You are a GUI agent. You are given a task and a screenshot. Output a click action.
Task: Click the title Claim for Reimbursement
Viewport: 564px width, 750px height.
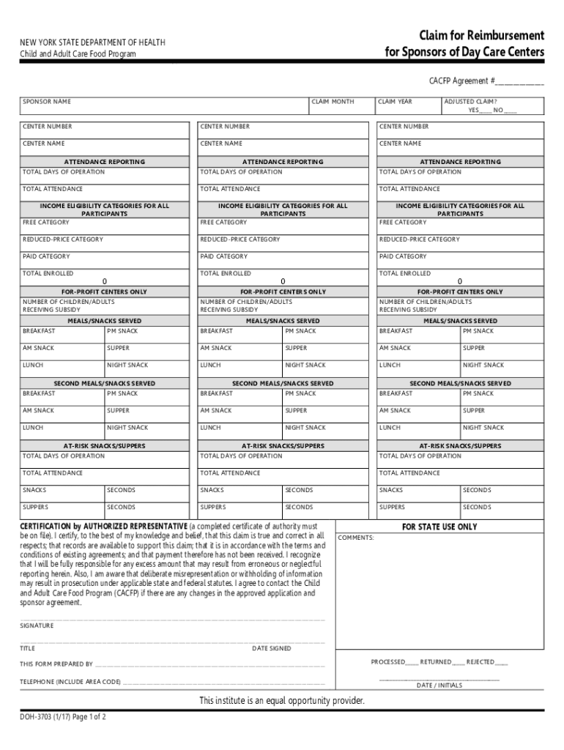coord(481,36)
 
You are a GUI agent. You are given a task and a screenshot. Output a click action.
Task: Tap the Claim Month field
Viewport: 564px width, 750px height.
coord(340,108)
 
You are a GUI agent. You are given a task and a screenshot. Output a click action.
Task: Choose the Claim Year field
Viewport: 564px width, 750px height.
coord(406,108)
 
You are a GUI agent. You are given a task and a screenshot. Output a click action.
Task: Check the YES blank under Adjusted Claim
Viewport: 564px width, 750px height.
coord(485,111)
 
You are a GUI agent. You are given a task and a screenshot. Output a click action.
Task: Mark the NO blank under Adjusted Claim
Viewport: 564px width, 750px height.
coord(510,111)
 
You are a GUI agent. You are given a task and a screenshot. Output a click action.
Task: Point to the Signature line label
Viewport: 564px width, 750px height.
coord(37,625)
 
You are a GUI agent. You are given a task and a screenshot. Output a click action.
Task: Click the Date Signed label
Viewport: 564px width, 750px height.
coord(272,648)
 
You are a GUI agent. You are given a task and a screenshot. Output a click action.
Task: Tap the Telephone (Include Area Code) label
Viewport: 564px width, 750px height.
coord(70,682)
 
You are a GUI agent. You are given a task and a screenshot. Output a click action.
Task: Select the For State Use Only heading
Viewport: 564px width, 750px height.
coord(439,527)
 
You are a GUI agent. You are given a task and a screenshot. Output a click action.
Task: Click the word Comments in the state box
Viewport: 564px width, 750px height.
coord(356,538)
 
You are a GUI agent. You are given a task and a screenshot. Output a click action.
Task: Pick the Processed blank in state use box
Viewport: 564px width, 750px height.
coord(412,662)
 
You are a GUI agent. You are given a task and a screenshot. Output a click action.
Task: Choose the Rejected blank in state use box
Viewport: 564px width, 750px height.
coord(501,662)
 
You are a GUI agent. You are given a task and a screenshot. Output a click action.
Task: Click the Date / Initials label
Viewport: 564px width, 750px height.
coord(439,686)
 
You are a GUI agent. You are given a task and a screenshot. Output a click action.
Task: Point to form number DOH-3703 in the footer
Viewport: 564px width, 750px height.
coord(41,717)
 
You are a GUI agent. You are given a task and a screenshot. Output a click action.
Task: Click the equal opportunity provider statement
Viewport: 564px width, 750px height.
coord(282,701)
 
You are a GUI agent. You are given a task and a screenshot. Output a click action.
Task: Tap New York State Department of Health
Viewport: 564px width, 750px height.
coord(92,42)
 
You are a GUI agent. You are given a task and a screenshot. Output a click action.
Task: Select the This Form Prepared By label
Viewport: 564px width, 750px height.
coord(56,664)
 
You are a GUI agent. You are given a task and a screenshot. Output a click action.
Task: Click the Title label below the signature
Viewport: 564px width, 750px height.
coord(28,648)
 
